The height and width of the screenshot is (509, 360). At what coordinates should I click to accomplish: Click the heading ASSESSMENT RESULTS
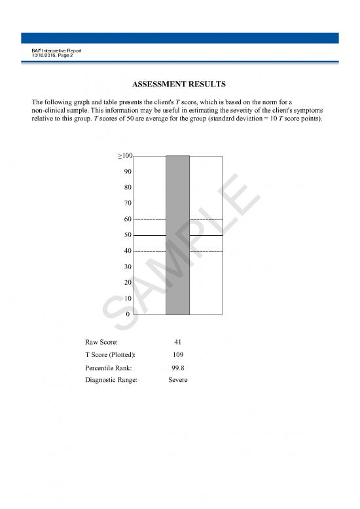click(179, 85)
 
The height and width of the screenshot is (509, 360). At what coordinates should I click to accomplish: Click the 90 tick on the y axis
click(128, 172)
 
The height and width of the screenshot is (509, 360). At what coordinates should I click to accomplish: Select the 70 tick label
click(128, 203)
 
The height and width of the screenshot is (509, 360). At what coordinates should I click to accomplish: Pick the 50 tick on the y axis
click(128, 235)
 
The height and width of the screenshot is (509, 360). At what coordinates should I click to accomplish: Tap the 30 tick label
click(128, 267)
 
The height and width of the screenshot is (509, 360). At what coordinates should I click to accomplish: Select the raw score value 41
click(177, 342)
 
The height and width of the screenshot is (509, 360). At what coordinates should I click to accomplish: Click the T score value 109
click(177, 354)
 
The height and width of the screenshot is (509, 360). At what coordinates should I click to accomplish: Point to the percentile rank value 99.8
click(177, 368)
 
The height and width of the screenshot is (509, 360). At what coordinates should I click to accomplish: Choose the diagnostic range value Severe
click(177, 380)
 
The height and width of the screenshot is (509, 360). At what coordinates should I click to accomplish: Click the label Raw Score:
click(101, 342)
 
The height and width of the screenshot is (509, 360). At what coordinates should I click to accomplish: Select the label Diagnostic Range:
click(111, 380)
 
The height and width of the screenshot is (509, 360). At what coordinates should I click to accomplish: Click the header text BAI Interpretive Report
click(56, 51)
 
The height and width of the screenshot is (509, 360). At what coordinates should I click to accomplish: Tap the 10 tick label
click(128, 298)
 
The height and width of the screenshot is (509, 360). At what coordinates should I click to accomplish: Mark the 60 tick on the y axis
click(128, 219)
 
